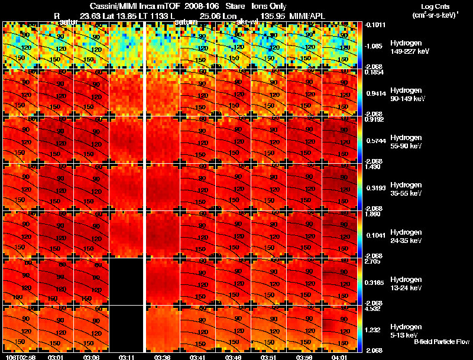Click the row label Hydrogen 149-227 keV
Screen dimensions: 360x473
(406, 47)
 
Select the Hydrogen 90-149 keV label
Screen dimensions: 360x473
(406, 95)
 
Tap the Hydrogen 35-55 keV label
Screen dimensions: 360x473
(406, 189)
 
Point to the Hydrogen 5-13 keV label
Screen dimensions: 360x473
(406, 330)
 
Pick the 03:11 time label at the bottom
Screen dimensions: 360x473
(127, 356)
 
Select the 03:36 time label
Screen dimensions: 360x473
(163, 356)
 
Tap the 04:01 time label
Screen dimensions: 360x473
(339, 356)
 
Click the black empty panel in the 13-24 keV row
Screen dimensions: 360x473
(127, 281)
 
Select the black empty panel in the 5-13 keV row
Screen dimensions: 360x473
(127, 329)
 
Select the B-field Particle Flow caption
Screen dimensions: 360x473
(442, 342)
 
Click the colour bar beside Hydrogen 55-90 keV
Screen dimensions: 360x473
(362, 140)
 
